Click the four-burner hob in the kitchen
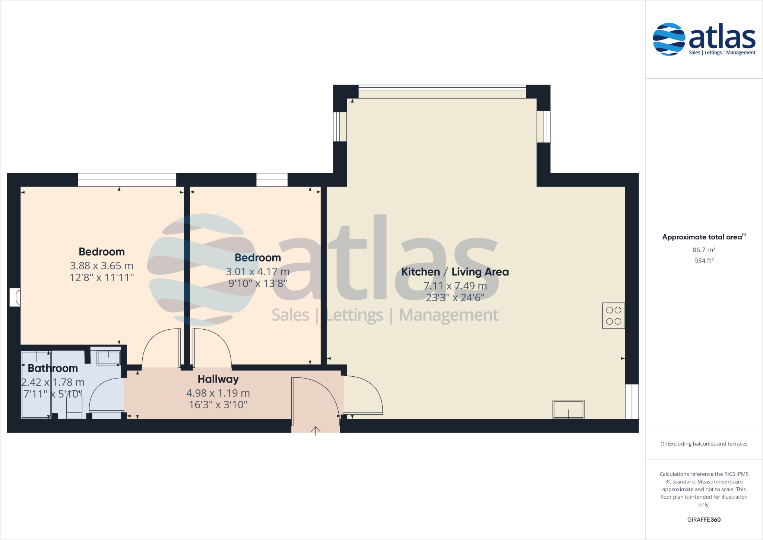(x=613, y=315)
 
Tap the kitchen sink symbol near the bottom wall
(x=568, y=409)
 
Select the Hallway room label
(x=218, y=379)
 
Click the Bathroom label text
(x=53, y=368)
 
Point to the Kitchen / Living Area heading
(x=455, y=272)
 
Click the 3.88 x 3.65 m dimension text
(x=101, y=266)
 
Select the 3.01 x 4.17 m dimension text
(x=257, y=272)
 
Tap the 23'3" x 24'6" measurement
(x=455, y=298)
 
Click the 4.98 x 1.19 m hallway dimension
(x=218, y=393)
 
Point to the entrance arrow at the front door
(x=316, y=431)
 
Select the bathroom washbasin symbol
(x=108, y=358)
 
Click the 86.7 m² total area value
(x=703, y=250)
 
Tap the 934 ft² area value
(x=703, y=261)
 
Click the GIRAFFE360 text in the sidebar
(x=703, y=519)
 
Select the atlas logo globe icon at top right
(x=669, y=39)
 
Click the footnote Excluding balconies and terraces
(x=703, y=444)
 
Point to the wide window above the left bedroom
(x=127, y=180)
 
